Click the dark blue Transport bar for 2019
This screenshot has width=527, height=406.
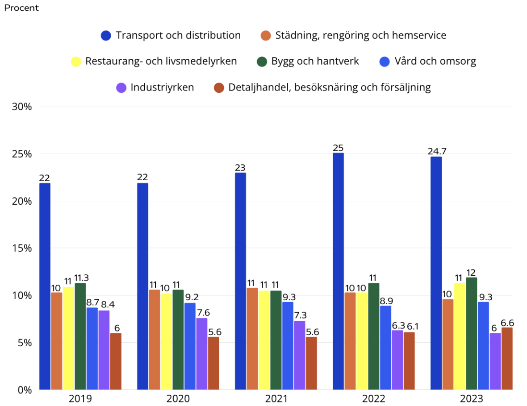tap(45, 286)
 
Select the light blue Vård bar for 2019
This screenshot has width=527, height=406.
tap(92, 348)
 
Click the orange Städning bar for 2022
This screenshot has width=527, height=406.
tap(350, 341)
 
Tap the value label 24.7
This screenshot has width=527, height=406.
tap(437, 151)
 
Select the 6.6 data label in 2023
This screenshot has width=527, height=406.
tap(507, 322)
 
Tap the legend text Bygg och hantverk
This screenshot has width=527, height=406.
tap(315, 61)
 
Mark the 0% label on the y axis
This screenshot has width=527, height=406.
tap(25, 390)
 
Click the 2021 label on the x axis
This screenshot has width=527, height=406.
tap(276, 398)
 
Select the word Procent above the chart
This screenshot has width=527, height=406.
tap(21, 8)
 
